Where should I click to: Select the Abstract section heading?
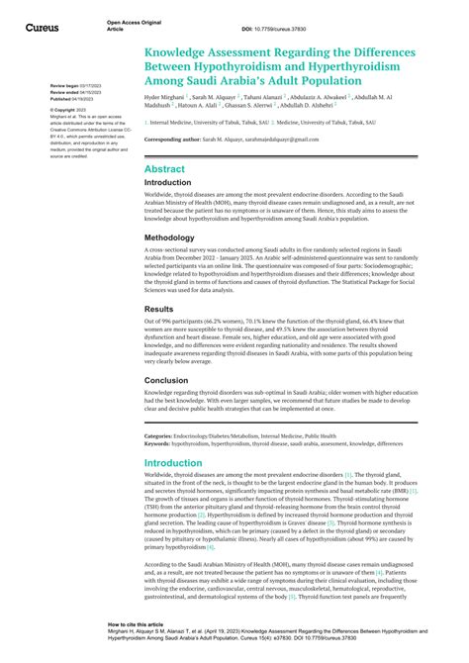coord(164,169)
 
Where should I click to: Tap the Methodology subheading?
coord(176,238)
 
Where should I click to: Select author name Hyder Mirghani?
coord(164,99)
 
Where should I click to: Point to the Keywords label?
coord(160,444)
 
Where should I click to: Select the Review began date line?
coord(75,86)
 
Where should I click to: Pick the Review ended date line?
coord(75,93)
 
